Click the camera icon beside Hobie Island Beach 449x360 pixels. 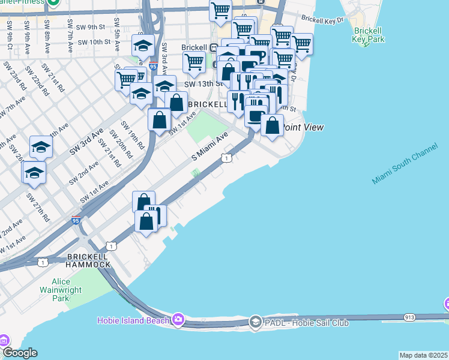178,320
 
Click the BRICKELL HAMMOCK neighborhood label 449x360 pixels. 88,260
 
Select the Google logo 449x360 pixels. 20,353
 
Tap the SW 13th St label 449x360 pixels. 199,85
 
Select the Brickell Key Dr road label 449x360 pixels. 323,19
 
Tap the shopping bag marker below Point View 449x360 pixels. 273,126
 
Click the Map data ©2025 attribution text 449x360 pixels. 423,355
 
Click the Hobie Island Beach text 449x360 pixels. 133,320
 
